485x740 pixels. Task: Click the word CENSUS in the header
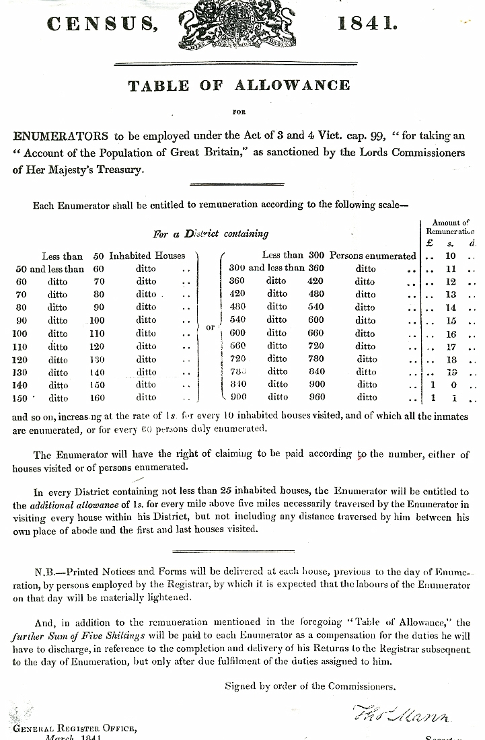(x=102, y=26)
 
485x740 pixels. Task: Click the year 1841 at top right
(x=367, y=24)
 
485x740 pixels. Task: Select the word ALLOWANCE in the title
(x=292, y=85)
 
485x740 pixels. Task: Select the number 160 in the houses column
(x=97, y=398)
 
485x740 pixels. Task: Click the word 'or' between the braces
(x=210, y=327)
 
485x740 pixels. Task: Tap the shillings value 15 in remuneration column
(x=450, y=321)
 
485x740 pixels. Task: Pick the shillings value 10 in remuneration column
(x=450, y=256)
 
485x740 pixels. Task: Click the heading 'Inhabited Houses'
(x=147, y=256)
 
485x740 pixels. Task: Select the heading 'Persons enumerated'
(x=373, y=256)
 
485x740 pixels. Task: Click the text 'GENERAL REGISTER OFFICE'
(x=73, y=727)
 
